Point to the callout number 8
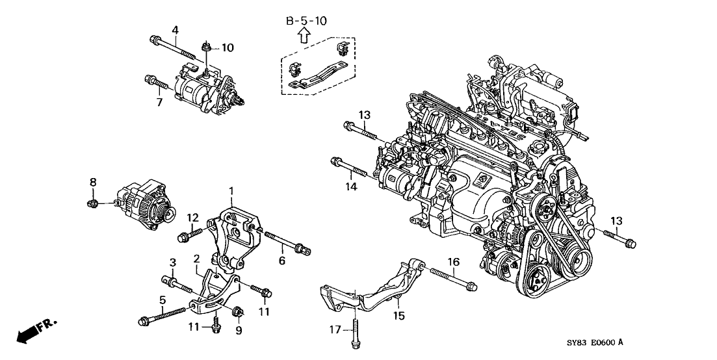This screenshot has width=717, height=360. click(x=92, y=183)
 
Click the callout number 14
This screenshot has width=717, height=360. click(x=352, y=187)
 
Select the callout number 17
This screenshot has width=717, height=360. click(x=334, y=330)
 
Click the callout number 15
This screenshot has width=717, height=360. click(x=399, y=316)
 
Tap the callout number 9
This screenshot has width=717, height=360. click(x=238, y=330)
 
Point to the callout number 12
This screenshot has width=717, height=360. click(x=192, y=217)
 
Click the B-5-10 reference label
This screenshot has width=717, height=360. click(x=307, y=21)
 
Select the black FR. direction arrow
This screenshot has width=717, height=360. click(x=29, y=334)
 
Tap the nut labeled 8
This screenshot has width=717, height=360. click(x=93, y=205)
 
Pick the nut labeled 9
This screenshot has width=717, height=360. click(x=237, y=310)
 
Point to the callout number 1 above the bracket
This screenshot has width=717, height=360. click(x=230, y=190)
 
